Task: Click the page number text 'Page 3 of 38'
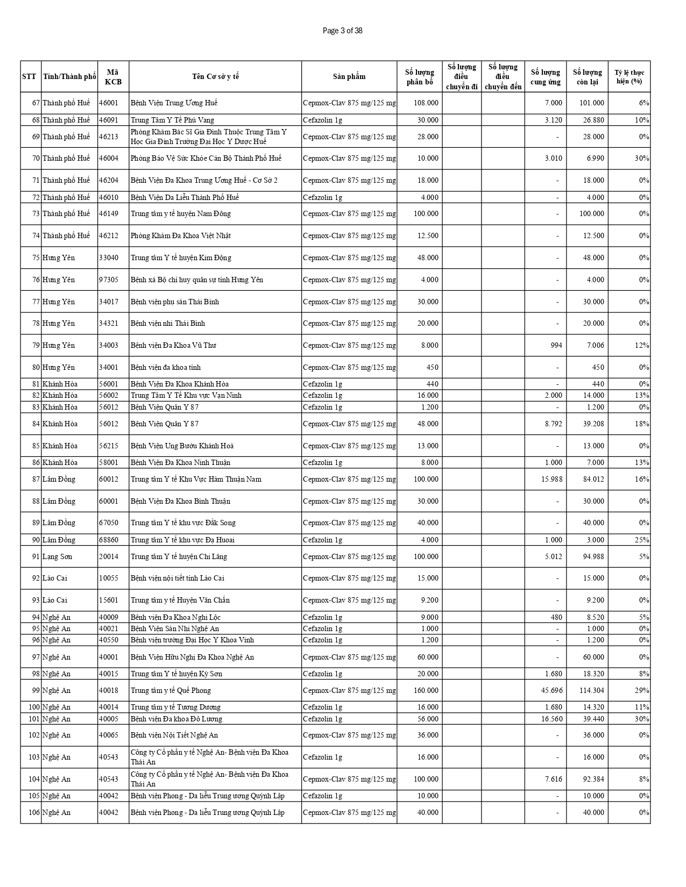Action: (x=342, y=31)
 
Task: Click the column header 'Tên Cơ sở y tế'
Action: (x=215, y=76)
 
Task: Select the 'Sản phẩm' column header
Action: (x=349, y=76)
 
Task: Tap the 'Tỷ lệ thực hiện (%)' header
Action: (x=629, y=76)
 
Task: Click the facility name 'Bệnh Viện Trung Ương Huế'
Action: (x=174, y=103)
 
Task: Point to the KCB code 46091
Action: (x=109, y=120)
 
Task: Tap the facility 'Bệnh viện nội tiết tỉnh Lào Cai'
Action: (x=178, y=578)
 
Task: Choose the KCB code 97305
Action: (x=109, y=280)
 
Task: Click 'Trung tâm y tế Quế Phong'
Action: (x=171, y=690)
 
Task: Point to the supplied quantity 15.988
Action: (x=551, y=479)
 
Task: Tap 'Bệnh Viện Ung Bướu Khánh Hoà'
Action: (x=182, y=446)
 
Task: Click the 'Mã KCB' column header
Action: (x=113, y=76)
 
